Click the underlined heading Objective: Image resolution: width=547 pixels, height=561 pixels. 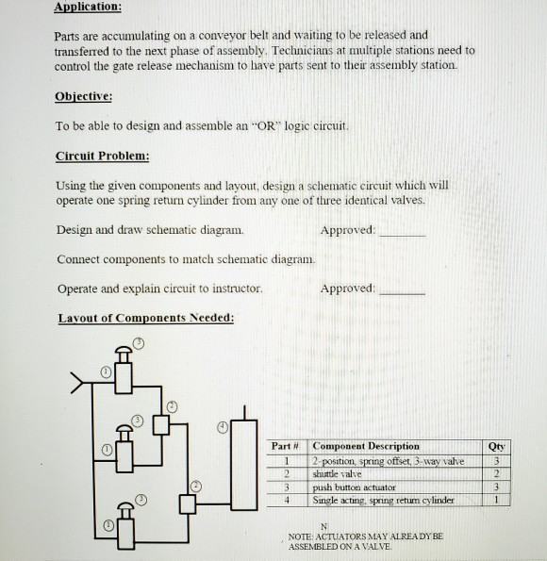click(84, 96)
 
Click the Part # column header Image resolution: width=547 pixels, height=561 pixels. click(285, 445)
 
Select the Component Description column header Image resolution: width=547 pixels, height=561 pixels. click(365, 445)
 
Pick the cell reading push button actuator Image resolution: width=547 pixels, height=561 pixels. click(354, 487)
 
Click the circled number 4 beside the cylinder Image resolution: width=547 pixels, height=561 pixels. click(224, 426)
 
